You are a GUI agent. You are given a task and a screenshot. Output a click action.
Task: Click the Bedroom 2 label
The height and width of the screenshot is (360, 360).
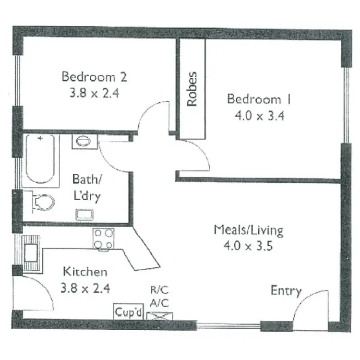[x=94, y=76]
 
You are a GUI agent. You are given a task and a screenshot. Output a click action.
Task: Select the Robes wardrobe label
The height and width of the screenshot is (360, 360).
[x=192, y=89]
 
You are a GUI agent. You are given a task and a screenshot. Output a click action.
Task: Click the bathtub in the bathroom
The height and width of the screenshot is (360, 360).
[x=42, y=159]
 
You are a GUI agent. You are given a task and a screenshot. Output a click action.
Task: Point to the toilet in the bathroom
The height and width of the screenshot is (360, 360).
[x=42, y=201]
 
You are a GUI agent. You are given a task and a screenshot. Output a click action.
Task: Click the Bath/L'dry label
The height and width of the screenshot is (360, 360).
[x=86, y=188]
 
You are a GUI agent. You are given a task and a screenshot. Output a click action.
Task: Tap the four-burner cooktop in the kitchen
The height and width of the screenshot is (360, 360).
[x=104, y=239]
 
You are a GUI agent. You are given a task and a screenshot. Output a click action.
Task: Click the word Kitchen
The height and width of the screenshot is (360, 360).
[x=85, y=272]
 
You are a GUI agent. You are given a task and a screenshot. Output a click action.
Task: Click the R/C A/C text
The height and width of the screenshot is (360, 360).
[x=159, y=296]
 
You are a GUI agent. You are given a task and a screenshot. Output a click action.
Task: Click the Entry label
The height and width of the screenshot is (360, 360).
[x=286, y=290]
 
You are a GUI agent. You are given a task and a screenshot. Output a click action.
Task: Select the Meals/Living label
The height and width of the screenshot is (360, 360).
[x=248, y=230]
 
